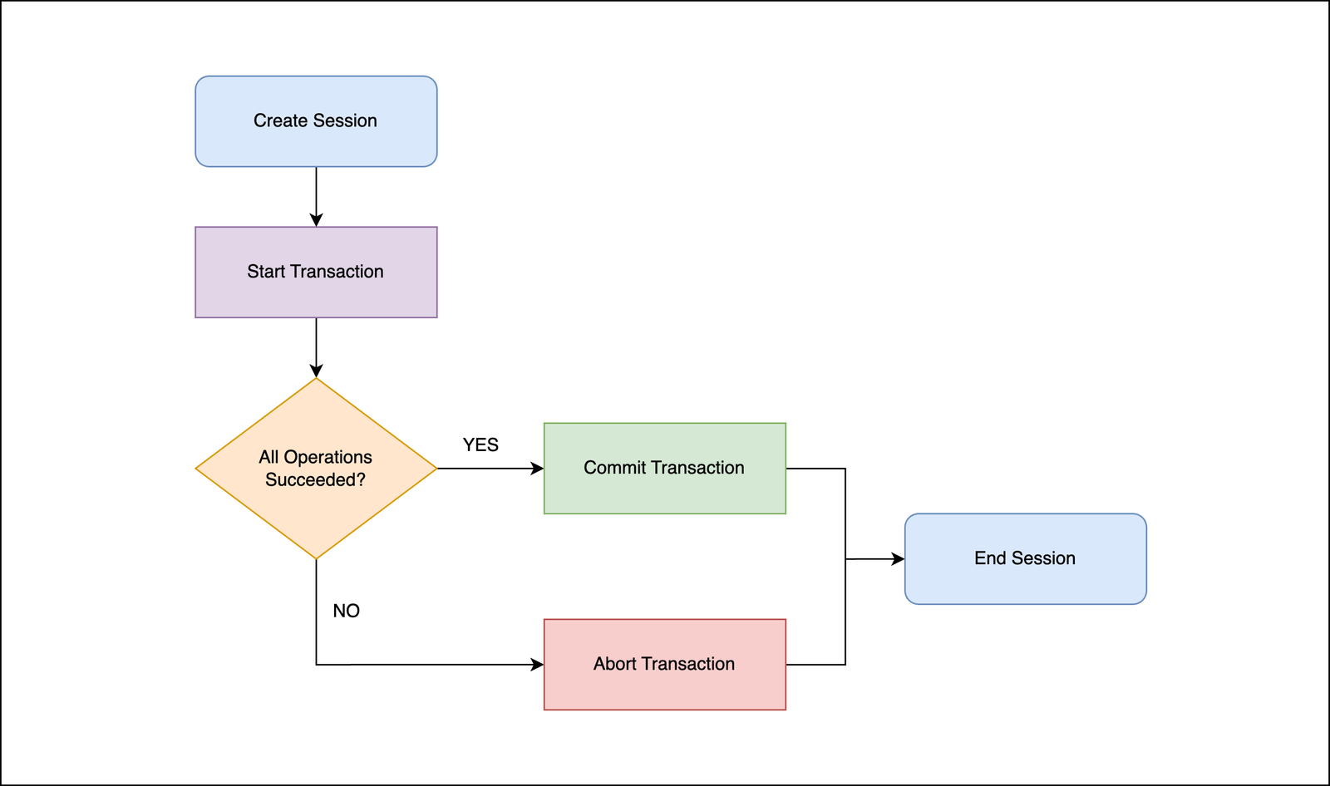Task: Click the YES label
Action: [x=480, y=445]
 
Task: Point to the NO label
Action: [x=346, y=612]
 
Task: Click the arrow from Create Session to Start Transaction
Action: [x=316, y=196]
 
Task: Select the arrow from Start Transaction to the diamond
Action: [x=316, y=347]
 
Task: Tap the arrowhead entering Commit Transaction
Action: [x=537, y=469]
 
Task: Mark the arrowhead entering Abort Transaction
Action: [x=537, y=665]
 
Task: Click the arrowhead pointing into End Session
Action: [x=898, y=559]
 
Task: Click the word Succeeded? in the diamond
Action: [x=315, y=480]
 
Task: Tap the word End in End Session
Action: [x=990, y=558]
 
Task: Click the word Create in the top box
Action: [x=280, y=121]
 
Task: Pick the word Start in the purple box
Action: [x=266, y=272]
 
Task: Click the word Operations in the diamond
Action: [x=328, y=457]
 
